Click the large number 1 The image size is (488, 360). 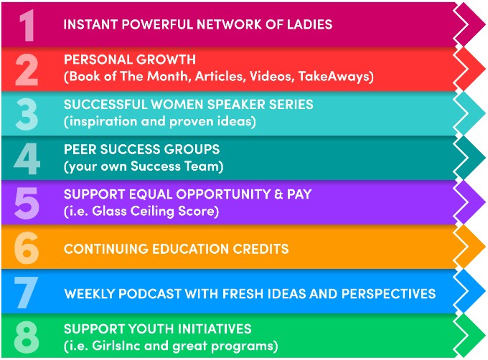27,25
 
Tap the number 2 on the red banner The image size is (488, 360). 27,70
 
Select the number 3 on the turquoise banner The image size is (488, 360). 27,114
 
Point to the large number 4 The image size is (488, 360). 27,159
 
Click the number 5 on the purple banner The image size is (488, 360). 27,204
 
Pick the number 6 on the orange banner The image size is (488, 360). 27,248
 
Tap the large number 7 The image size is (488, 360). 26,293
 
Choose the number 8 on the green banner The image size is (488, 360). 27,337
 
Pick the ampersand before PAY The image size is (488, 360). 279,194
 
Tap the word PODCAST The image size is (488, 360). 150,294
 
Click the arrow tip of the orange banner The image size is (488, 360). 485,247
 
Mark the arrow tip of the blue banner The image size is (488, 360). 485,291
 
